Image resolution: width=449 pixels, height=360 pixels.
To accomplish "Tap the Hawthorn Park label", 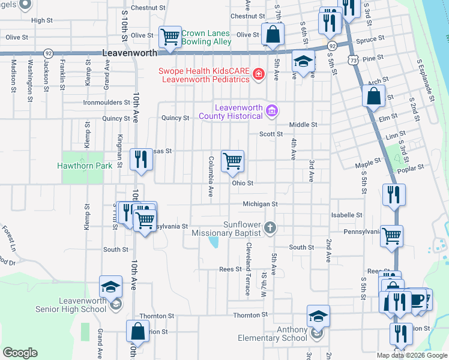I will tap(84, 165).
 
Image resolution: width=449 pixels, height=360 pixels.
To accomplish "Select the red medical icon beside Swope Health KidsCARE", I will tap(258, 74).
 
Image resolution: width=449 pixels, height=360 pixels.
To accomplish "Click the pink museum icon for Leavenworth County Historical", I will tap(272, 110).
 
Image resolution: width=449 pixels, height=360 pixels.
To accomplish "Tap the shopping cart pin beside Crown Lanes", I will tap(170, 37).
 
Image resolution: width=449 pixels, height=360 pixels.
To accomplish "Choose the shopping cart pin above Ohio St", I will tap(232, 161).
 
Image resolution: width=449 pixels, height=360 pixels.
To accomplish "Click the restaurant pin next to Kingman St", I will tap(141, 160).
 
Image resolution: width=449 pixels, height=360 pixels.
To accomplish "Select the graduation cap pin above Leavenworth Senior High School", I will tap(111, 287).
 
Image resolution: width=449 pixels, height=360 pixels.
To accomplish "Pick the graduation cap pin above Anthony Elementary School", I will tap(318, 316).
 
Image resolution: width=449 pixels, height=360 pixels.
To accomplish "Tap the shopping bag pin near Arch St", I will tap(373, 95).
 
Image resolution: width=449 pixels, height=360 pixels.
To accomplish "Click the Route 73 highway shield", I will tap(354, 60).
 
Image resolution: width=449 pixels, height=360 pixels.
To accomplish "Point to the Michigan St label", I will tap(260, 204).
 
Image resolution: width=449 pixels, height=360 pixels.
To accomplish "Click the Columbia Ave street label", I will tap(211, 177).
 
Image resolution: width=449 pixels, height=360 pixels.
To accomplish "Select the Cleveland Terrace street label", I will tap(247, 269).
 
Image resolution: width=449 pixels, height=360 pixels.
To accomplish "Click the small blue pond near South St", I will tap(213, 242).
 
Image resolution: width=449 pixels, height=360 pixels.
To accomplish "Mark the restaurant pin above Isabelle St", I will tap(394, 194).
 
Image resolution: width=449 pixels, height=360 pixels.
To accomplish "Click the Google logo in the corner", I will tap(20, 353).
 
